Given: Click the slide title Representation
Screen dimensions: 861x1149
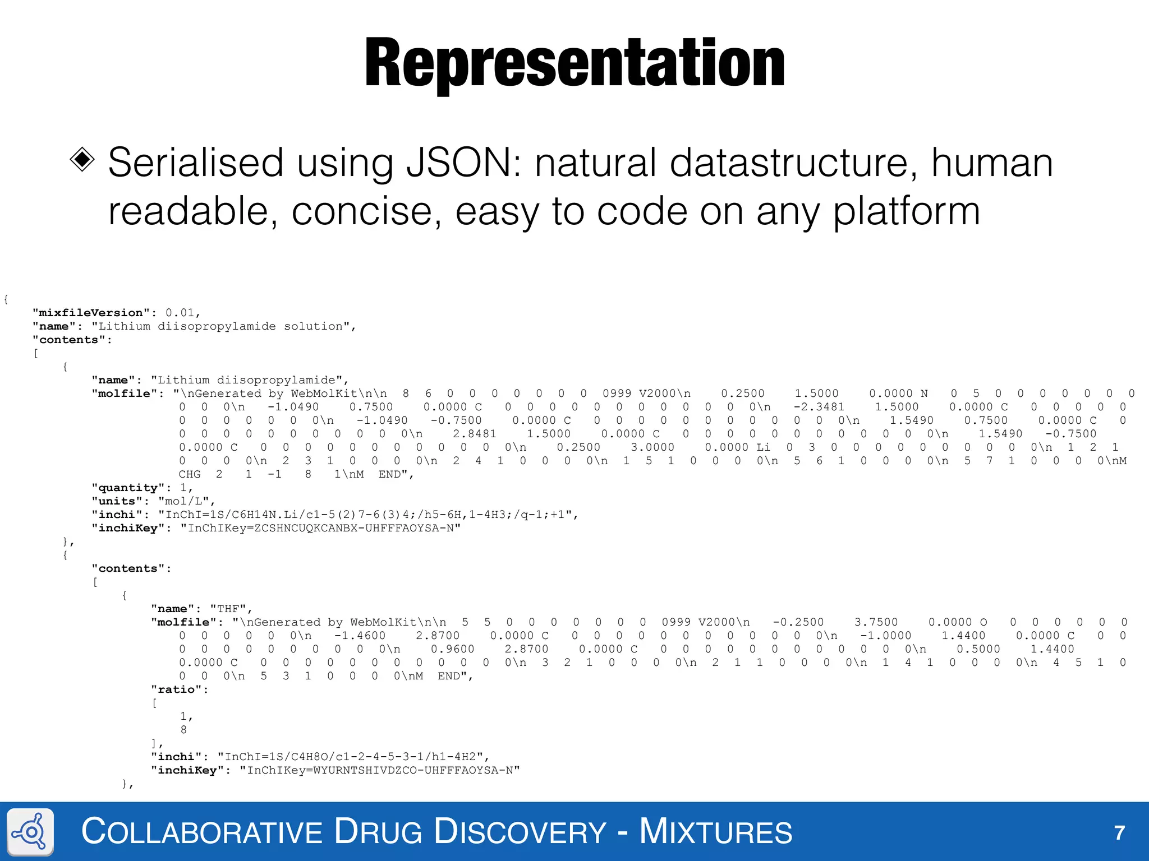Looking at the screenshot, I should pyautogui.click(x=574, y=63).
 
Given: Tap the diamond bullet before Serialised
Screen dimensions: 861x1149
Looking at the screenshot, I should pyautogui.click(x=82, y=160).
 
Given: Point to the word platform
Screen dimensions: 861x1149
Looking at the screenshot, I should pyautogui.click(x=906, y=212).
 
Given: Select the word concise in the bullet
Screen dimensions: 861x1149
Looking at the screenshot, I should pyautogui.click(x=366, y=212).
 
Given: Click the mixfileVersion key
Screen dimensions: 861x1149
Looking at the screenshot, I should pyautogui.click(x=91, y=313).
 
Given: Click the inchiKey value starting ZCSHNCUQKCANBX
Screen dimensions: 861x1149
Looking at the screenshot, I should pyautogui.click(x=320, y=528).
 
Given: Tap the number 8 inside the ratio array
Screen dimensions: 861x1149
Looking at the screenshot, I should pyautogui.click(x=183, y=730).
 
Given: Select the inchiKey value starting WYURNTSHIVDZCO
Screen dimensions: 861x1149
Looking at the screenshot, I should pyautogui.click(x=380, y=770).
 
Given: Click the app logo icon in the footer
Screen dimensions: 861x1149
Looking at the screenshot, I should pyautogui.click(x=31, y=832).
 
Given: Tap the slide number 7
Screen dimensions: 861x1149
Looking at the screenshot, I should pyautogui.click(x=1119, y=832).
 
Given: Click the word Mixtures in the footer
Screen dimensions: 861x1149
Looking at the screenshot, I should pyautogui.click(x=715, y=831).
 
